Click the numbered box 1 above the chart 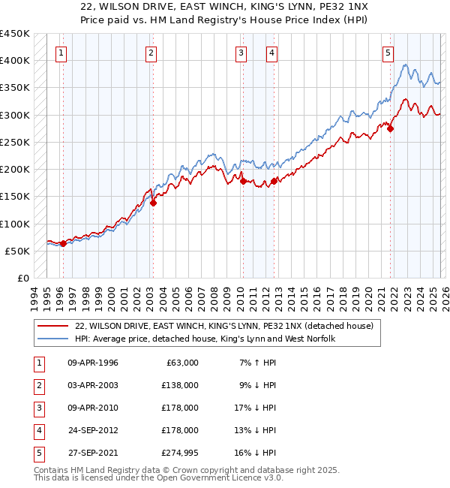tap(60, 53)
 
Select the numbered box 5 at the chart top tap(388, 53)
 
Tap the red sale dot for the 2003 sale tap(152, 202)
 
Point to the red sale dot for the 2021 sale tap(391, 128)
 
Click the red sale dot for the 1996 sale tap(63, 243)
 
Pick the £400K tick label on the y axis tap(14, 60)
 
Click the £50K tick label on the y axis tap(17, 251)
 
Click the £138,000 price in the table tap(180, 385)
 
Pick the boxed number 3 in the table tap(37, 408)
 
